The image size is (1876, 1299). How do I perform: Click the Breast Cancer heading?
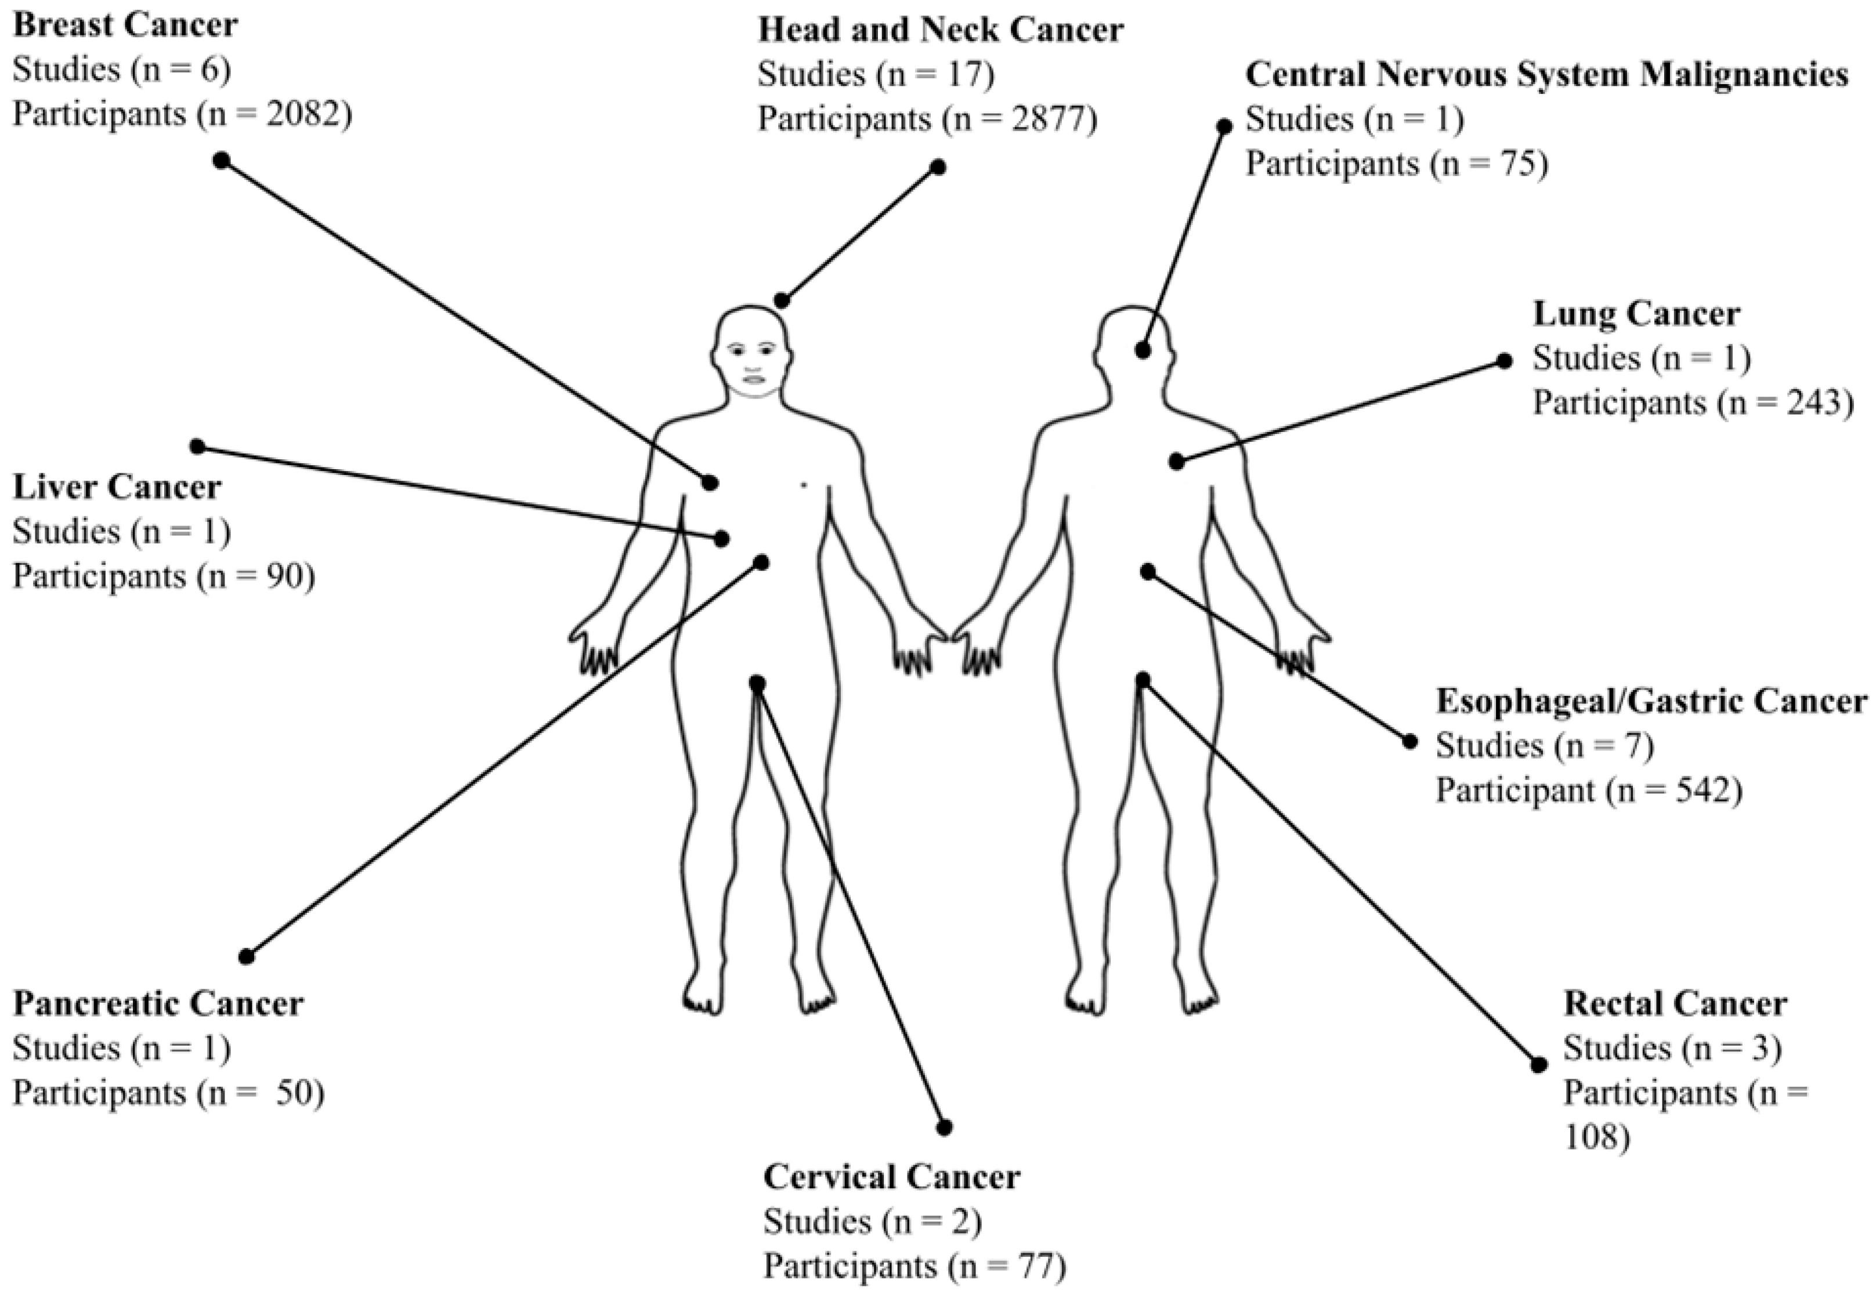tap(125, 26)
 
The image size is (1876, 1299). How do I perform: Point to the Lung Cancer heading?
tap(1636, 313)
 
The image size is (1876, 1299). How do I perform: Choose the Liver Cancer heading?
tap(117, 487)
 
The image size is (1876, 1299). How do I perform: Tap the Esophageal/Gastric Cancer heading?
tap(1650, 701)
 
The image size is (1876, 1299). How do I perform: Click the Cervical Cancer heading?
tap(891, 1177)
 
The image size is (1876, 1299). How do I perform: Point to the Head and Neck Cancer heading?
tap(941, 30)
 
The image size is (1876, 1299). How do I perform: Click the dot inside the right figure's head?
tap(1143, 351)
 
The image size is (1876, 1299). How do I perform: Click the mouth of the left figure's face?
tap(753, 379)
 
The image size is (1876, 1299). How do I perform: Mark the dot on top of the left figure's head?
tap(782, 301)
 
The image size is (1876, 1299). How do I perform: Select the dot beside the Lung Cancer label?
tap(1504, 361)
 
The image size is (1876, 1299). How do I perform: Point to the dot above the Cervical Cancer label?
tap(945, 1128)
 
